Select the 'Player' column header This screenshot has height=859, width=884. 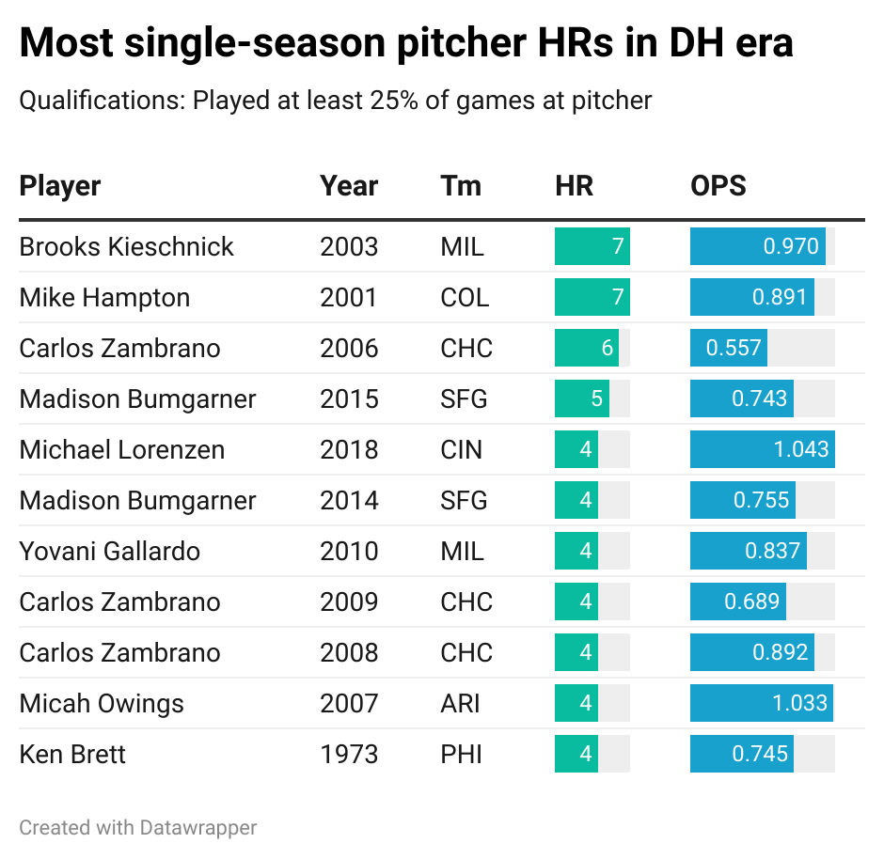(60, 185)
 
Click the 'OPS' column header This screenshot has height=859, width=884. (718, 185)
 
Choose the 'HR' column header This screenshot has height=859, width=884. (574, 185)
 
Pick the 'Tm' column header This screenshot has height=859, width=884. (460, 185)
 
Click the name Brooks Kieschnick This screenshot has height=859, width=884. (126, 246)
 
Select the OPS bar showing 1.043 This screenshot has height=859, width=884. (762, 449)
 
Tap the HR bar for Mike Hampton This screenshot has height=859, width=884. (592, 297)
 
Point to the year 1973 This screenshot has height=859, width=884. (348, 754)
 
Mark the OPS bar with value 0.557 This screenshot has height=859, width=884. (728, 348)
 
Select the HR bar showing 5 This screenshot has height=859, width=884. (581, 398)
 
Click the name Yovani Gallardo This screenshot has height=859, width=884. (109, 551)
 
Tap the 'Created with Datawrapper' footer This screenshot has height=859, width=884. (137, 828)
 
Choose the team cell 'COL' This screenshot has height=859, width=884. (465, 297)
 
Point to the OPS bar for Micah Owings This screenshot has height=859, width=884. (761, 703)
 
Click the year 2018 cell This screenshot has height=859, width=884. (348, 449)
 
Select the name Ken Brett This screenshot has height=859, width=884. (72, 754)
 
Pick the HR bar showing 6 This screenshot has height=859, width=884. (586, 348)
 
